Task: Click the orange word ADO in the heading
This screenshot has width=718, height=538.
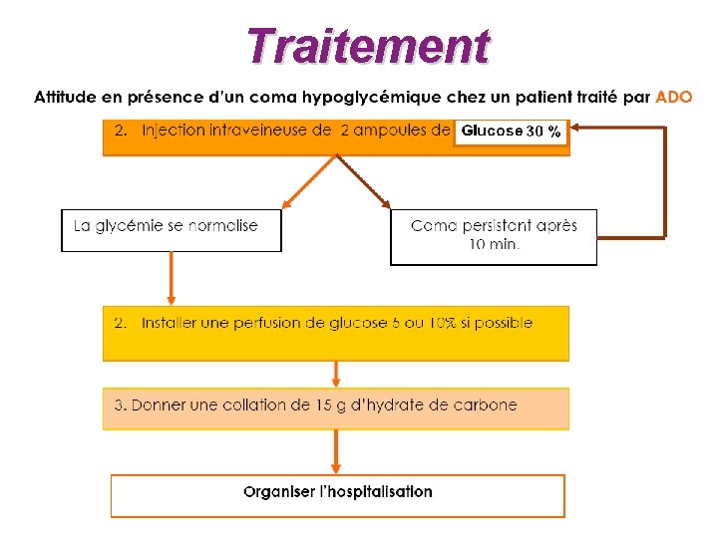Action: point(673,98)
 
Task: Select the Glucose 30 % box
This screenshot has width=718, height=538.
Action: point(511,132)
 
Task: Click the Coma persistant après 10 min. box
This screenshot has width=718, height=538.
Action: point(494,236)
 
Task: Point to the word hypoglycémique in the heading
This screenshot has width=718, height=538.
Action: point(358,98)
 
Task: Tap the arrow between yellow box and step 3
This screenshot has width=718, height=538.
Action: point(336,374)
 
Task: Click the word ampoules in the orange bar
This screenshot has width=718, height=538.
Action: point(392,131)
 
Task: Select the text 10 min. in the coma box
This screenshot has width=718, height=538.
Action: point(494,245)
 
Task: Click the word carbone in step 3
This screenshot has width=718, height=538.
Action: point(488,404)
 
